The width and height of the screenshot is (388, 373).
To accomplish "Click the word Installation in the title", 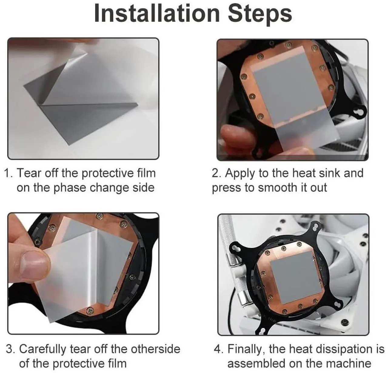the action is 157,14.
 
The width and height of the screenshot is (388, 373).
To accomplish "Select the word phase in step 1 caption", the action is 70,188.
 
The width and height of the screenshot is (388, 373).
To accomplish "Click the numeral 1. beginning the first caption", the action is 8,173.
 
